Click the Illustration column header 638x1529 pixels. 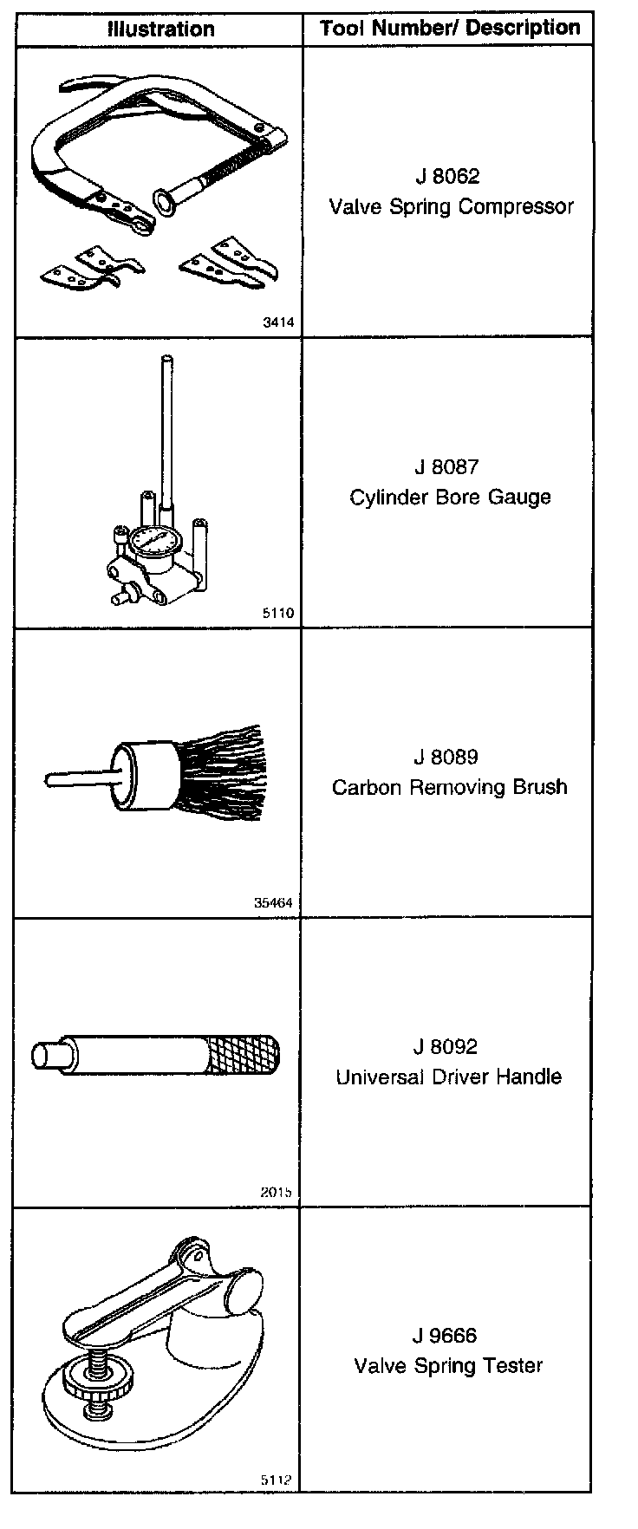click(160, 29)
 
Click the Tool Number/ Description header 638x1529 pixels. click(450, 29)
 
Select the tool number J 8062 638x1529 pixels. click(447, 177)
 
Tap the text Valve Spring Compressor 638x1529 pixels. click(451, 207)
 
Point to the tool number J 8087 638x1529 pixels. click(446, 467)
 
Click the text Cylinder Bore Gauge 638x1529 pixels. click(450, 498)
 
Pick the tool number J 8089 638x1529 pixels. click(446, 757)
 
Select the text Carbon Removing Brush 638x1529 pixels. click(449, 787)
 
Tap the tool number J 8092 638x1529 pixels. click(446, 1047)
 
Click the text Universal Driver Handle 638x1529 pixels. click(449, 1077)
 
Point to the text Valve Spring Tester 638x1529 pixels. click(448, 1366)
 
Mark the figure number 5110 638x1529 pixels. click(278, 613)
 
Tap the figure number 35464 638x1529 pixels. click(274, 902)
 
